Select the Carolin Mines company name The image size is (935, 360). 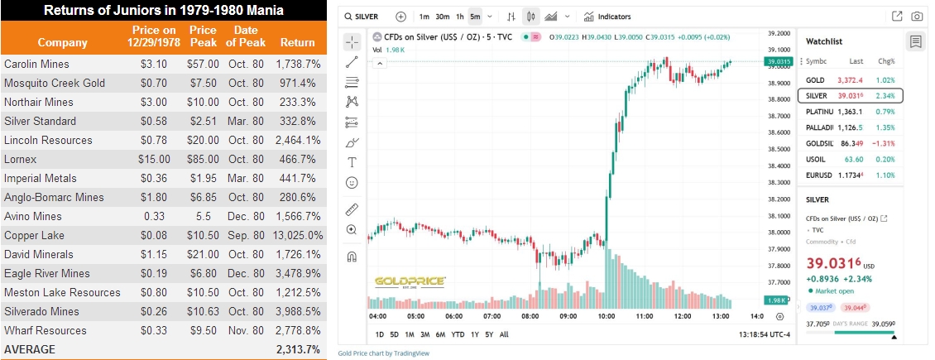tap(36, 64)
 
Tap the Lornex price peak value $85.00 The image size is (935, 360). tap(203, 159)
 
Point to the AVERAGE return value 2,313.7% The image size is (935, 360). tap(298, 349)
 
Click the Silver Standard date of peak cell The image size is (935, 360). tap(246, 121)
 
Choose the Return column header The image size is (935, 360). tap(298, 42)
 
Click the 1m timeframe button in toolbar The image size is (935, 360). tap(424, 17)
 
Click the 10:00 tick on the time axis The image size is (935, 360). tap(606, 315)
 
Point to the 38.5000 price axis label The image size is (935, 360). tap(779, 150)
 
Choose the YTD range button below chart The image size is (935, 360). tap(458, 334)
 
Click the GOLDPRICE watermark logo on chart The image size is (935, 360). tap(410, 281)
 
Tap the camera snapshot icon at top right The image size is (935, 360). tap(917, 17)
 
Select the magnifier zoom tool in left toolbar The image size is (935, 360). tap(352, 229)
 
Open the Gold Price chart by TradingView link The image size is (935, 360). tap(383, 353)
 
